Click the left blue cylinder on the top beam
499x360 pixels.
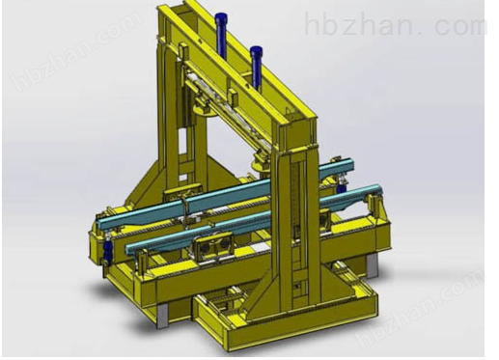221,35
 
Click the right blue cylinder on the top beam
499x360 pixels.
257,67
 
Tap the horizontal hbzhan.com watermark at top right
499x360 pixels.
397,23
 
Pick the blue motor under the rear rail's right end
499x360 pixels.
342,184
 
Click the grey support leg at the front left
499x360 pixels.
162,316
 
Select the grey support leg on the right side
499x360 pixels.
372,264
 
